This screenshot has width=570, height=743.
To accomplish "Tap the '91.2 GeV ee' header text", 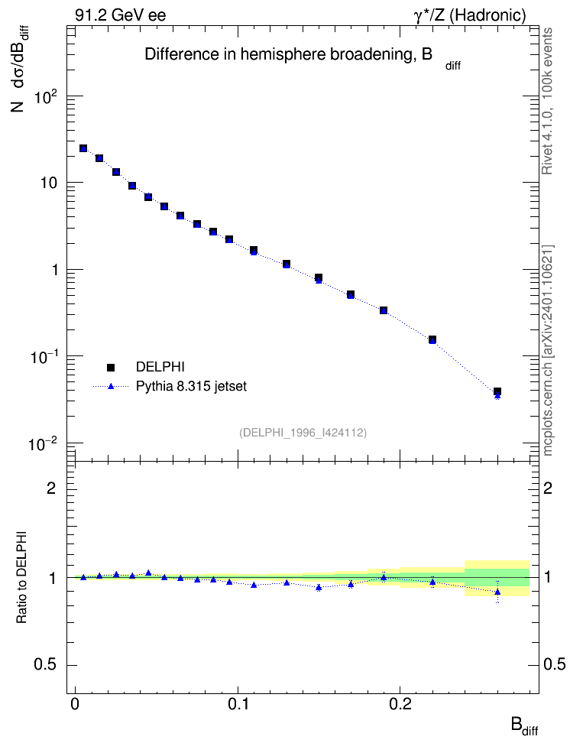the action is tap(121, 15).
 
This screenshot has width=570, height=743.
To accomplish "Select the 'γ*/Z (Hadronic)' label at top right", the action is tap(470, 15).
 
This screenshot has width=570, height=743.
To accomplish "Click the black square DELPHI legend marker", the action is tap(111, 367).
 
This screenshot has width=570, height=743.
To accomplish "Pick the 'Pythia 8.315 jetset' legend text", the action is tap(192, 387).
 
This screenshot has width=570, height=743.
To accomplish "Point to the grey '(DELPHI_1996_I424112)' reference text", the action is tap(303, 433).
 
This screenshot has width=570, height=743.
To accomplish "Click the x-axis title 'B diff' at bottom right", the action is tap(524, 727).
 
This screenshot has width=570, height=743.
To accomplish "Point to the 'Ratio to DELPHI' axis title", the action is tap(21, 576).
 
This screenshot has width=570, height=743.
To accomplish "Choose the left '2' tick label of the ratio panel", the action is tap(51, 488).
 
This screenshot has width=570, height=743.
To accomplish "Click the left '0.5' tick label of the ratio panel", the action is tap(46, 665).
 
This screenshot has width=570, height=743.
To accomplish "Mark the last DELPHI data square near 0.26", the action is tap(497, 391).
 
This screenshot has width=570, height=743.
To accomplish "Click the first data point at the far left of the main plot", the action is tap(83, 148).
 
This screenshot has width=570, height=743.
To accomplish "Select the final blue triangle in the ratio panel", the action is tap(497, 592).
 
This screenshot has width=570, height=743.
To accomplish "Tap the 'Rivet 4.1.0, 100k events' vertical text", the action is tap(548, 101).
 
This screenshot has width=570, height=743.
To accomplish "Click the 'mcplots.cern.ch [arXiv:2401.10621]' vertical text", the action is tap(548, 351).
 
